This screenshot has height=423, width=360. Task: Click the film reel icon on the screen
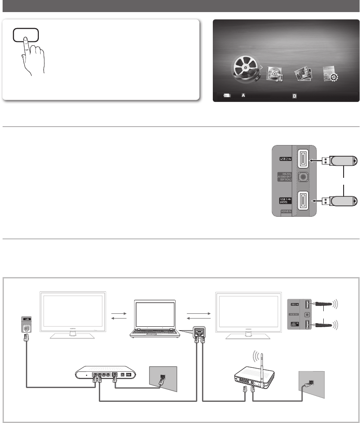pos(246,69)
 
